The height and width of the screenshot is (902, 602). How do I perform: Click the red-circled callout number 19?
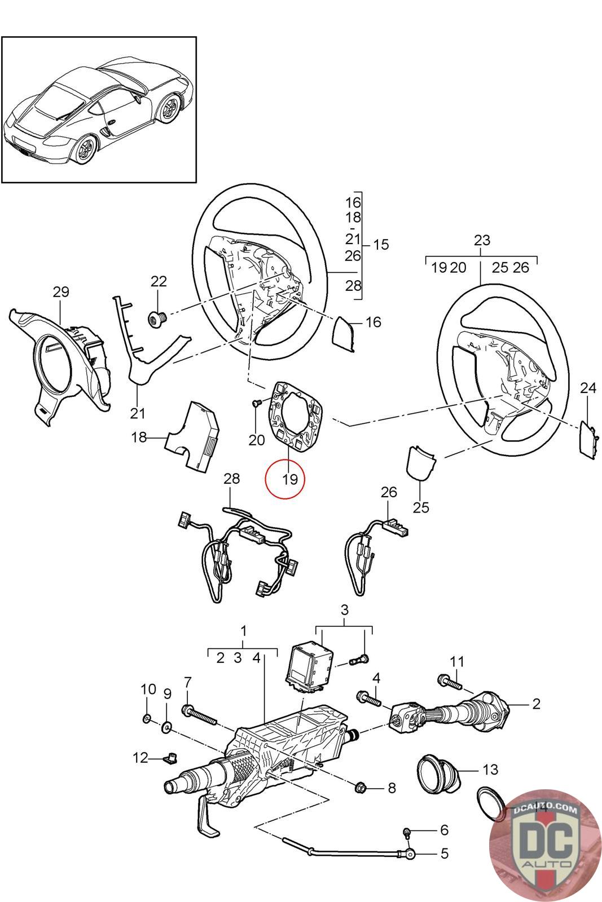[x=290, y=479]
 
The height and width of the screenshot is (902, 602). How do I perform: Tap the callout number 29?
[x=61, y=291]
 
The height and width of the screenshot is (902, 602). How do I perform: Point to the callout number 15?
[x=381, y=245]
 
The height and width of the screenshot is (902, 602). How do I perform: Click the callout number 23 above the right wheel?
[x=482, y=240]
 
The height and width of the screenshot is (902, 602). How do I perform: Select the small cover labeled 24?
[x=587, y=440]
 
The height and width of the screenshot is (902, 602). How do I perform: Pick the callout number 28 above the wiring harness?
[x=232, y=479]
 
